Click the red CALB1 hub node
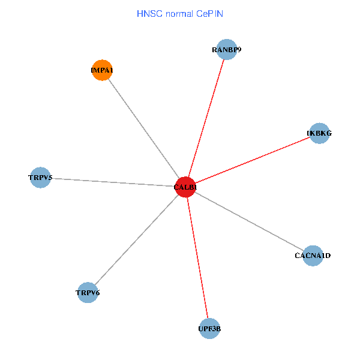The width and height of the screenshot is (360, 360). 185,187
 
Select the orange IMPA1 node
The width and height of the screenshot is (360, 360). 103,70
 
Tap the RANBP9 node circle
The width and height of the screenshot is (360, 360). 227,50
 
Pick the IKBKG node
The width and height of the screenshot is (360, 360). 319,133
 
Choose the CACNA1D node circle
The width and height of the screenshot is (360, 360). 313,256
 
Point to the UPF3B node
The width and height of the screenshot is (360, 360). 209,328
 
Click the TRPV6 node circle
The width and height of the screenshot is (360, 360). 88,292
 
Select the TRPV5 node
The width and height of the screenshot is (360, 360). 40,178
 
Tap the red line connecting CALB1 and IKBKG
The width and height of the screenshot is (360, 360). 252,160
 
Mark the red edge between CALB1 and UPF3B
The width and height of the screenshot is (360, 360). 197,258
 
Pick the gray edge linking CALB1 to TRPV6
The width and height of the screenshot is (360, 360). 136,240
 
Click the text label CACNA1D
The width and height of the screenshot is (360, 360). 313,256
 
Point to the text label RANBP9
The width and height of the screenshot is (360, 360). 227,50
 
